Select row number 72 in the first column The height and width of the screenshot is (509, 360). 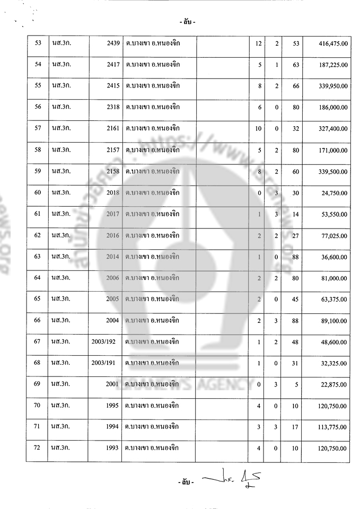(37, 449)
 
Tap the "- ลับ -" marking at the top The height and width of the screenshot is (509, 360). (187, 22)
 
